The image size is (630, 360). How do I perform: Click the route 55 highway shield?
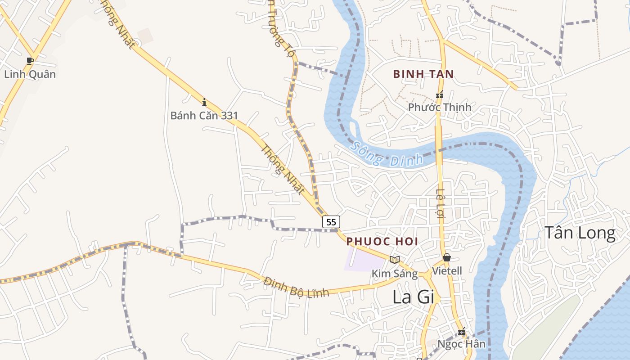coord(331,221)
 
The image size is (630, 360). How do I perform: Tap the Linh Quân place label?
coord(30,74)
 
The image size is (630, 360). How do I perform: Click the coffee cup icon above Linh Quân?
coord(30,60)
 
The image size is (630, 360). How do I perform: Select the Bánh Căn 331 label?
coord(204,116)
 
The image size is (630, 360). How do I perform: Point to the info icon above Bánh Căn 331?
coord(204,102)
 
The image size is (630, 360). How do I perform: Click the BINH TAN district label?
coord(423,74)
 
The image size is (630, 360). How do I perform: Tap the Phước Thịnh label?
coord(440,107)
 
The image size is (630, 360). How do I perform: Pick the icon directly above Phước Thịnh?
coord(440,94)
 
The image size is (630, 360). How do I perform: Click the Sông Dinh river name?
coord(387,154)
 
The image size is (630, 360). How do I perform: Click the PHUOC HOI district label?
coord(382,241)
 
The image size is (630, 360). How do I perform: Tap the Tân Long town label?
coord(580,233)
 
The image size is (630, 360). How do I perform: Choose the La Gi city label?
coord(413,297)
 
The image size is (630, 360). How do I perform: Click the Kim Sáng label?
coord(395,273)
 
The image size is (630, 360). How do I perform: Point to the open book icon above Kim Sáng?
coord(395,260)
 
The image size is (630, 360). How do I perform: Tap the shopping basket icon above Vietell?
coord(447,257)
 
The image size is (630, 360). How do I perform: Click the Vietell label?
coord(447,271)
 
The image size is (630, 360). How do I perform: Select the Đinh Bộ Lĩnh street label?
coord(297,287)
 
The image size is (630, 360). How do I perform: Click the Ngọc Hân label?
coord(462,344)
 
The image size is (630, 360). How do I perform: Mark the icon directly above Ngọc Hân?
coord(462,332)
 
